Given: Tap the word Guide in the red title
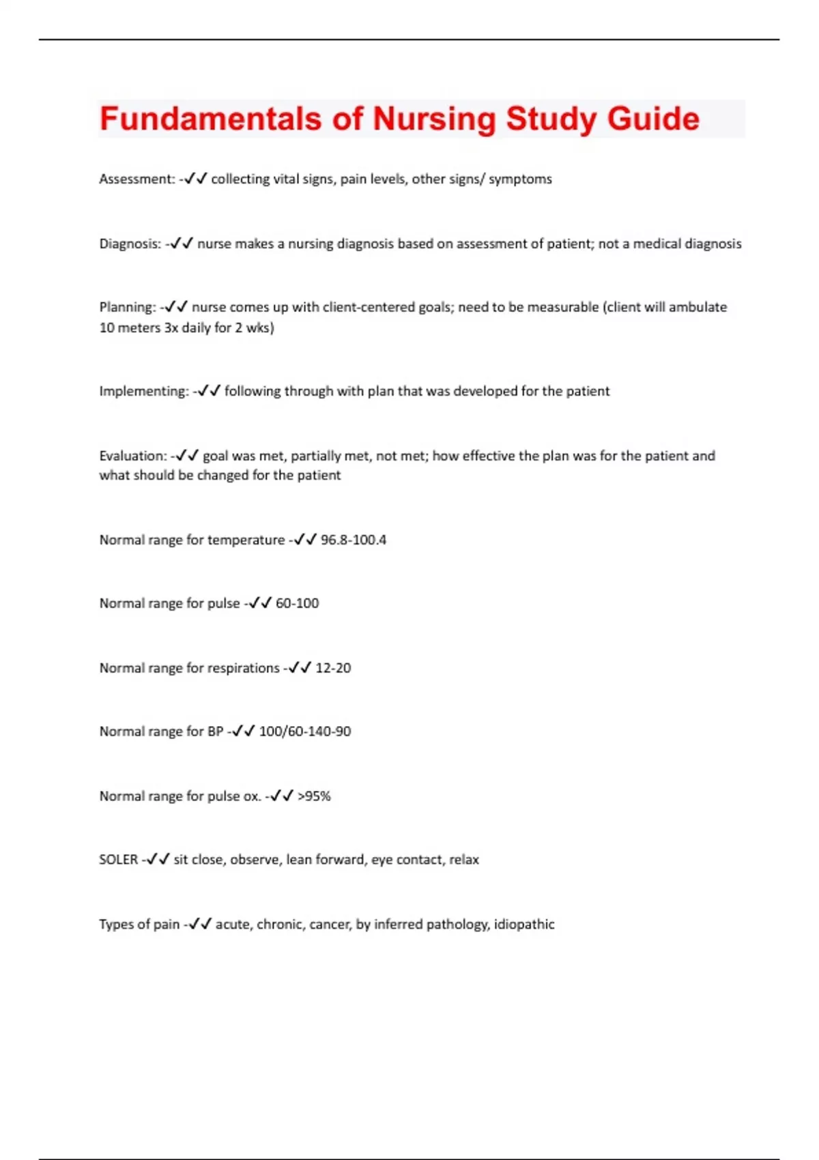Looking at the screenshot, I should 653,119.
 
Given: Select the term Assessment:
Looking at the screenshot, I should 137,179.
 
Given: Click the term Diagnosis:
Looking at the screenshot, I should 130,244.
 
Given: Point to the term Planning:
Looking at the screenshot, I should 128,307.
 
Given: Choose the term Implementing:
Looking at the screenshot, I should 144,391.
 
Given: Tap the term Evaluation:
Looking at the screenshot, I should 133,455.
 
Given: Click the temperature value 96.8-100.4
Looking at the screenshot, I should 354,540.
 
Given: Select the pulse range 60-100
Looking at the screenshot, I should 297,603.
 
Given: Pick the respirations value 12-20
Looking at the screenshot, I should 333,668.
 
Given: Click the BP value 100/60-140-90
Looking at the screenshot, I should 305,731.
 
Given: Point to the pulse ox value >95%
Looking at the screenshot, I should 314,796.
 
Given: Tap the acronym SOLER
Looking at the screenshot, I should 119,860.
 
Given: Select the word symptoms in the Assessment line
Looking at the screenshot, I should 520,179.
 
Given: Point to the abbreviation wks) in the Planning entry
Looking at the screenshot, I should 260,328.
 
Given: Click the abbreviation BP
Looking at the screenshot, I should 215,731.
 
